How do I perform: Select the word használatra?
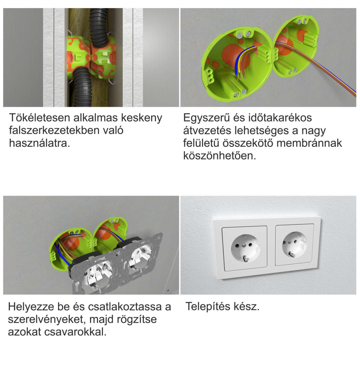[39, 143]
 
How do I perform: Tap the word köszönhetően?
[220, 156]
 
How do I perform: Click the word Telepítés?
[208, 307]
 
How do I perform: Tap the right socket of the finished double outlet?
[294, 245]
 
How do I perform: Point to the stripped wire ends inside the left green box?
[240, 77]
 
